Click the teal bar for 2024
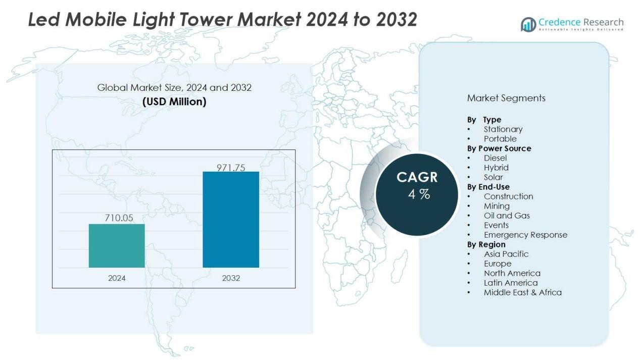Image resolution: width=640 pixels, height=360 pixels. click(117, 245)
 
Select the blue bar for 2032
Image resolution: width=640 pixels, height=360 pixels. click(231, 219)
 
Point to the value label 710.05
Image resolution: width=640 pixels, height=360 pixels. click(119, 218)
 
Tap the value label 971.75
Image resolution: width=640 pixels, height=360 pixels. click(231, 168)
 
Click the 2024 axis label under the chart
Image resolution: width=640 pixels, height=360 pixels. click(117, 278)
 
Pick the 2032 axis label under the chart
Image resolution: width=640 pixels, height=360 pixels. click(231, 278)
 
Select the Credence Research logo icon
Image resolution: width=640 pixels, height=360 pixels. click(528, 24)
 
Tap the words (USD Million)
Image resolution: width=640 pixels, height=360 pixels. click(174, 101)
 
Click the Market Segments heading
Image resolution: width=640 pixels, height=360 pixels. click(506, 98)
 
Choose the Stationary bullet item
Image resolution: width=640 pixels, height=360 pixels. click(503, 129)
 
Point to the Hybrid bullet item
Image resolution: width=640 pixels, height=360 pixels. click(496, 168)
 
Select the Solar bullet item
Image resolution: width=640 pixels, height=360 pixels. click(493, 177)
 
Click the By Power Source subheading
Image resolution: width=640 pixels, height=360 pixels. click(499, 148)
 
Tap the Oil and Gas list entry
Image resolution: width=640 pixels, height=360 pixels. click(507, 216)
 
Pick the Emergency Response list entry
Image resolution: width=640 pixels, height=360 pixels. click(525, 235)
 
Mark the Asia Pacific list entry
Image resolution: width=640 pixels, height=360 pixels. click(506, 254)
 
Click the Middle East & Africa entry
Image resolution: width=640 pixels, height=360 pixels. click(522, 292)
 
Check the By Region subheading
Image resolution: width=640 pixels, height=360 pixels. click(486, 244)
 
